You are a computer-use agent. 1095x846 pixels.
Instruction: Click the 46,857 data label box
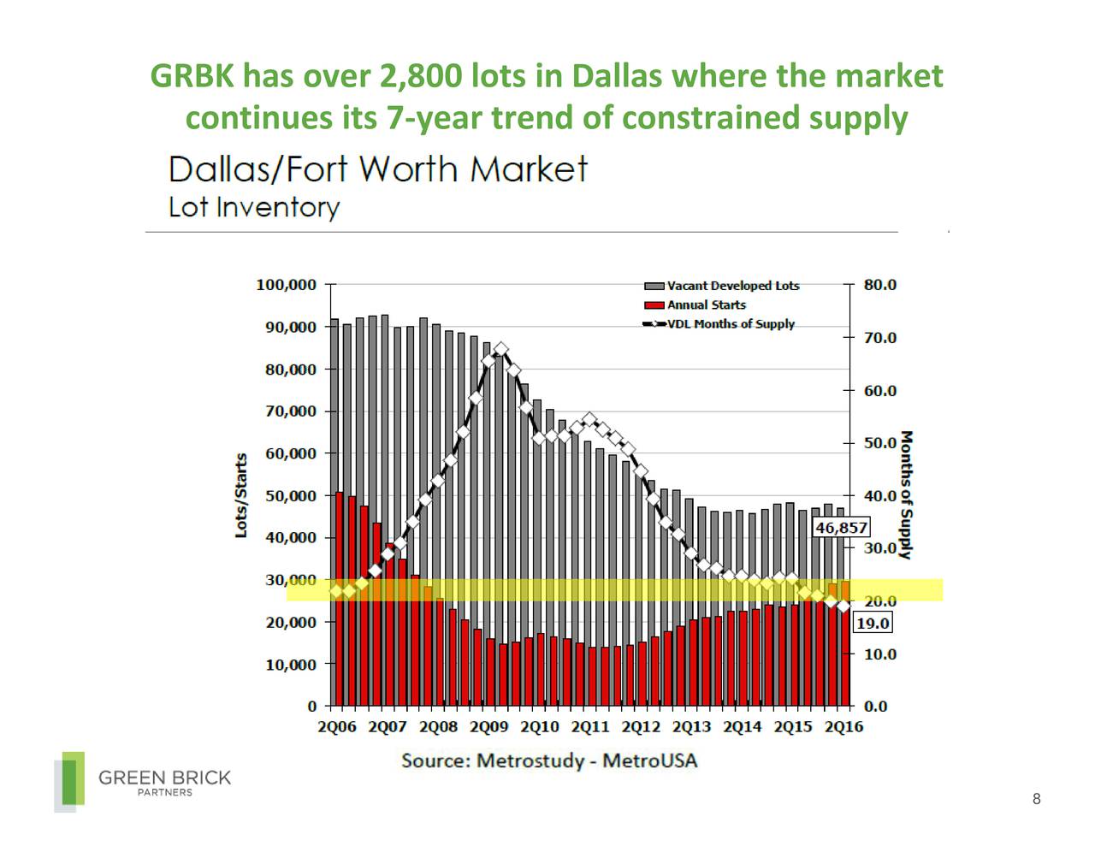click(841, 528)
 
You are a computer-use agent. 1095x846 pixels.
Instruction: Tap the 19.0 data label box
click(873, 624)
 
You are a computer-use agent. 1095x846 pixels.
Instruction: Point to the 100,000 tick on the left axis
click(286, 285)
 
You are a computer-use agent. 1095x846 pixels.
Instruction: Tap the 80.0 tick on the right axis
click(880, 285)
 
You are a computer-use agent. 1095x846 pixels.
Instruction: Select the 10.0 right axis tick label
click(880, 654)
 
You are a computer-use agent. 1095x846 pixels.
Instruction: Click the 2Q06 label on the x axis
click(337, 728)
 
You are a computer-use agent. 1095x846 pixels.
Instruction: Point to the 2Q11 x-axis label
click(590, 728)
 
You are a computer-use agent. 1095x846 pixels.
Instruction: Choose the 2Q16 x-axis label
click(843, 728)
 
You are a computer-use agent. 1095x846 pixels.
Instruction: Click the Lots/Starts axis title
click(241, 496)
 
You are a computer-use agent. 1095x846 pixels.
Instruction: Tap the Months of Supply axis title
click(907, 494)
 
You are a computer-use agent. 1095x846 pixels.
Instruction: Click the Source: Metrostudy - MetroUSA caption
click(549, 760)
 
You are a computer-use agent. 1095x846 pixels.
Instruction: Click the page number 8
click(1036, 800)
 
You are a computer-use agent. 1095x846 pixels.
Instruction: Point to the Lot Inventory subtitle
click(254, 208)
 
